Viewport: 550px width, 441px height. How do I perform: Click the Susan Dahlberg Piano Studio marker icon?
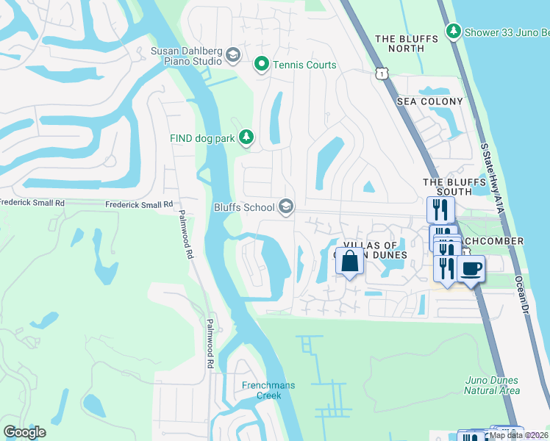[233, 56]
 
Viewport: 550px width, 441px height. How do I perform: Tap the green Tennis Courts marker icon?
[261, 65]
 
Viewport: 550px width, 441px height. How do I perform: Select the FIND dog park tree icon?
[247, 137]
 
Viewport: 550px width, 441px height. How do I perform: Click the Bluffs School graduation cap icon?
[286, 207]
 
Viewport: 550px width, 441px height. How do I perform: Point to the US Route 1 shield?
[380, 73]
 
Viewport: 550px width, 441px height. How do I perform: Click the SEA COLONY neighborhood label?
[430, 101]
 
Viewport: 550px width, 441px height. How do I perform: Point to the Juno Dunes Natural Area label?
[493, 385]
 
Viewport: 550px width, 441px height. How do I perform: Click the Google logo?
[25, 432]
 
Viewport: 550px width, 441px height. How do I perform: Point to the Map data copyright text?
[518, 435]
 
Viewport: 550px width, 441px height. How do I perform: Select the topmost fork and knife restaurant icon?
[440, 209]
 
